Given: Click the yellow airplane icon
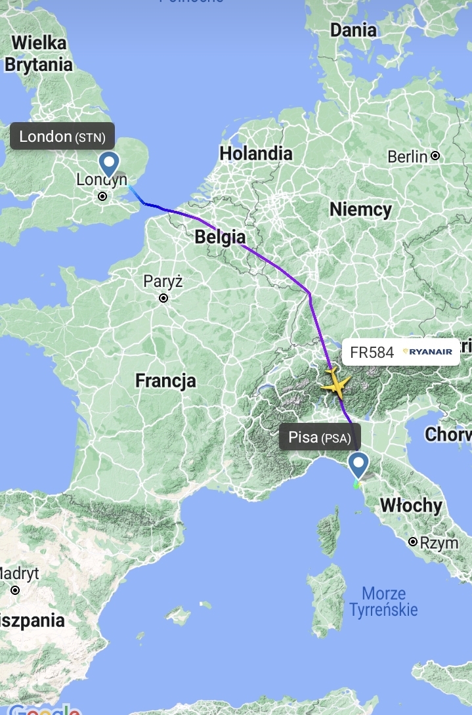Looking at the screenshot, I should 335,383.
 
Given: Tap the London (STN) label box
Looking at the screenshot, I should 62,137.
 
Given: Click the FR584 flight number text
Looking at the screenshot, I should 372,352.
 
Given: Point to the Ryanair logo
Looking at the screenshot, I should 428,352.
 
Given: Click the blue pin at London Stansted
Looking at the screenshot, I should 108,162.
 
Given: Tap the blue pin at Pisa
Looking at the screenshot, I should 358,465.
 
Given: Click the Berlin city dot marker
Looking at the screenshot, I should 435,156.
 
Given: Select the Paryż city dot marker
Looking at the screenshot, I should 163,298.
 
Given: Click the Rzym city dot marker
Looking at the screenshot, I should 412,542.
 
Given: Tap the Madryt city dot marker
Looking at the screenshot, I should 14,590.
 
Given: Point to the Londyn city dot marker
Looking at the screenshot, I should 102,196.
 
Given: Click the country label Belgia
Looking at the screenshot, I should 220,238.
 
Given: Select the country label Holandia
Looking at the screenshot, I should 256,154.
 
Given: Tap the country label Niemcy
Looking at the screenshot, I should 360,209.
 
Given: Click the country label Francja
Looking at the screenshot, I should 165,380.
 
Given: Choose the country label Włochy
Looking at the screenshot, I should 411,506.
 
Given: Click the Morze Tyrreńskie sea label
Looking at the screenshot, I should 383,601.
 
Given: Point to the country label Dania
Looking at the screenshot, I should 353,30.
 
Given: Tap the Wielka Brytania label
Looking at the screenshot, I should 38,54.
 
